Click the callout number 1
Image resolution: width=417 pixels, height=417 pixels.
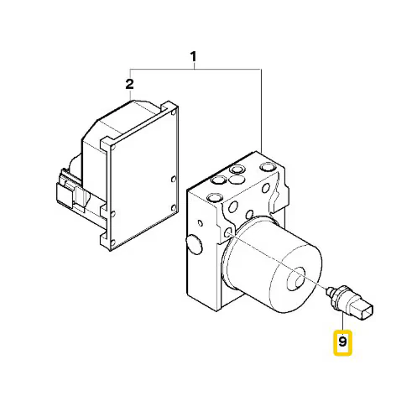(x=193, y=57)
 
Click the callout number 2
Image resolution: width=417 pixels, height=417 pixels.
(x=129, y=84)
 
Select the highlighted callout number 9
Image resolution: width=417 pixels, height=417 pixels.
(x=342, y=341)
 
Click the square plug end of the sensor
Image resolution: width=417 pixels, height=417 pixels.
(x=365, y=310)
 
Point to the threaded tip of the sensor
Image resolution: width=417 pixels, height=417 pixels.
(x=330, y=291)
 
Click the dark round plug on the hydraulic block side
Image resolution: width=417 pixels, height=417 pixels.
(x=194, y=244)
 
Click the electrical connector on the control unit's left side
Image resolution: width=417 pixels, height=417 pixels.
(x=66, y=190)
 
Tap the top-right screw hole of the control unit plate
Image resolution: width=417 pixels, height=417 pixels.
(x=174, y=112)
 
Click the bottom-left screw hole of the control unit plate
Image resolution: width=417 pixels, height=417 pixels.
(x=113, y=243)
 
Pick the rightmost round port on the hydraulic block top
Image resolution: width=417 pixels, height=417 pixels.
(x=268, y=167)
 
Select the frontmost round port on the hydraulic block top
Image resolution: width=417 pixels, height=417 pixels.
(x=215, y=198)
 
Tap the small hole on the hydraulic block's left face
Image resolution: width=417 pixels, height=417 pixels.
(x=201, y=223)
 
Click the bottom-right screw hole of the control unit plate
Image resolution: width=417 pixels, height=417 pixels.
(x=174, y=207)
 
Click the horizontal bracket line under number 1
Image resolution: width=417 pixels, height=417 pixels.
(x=195, y=69)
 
